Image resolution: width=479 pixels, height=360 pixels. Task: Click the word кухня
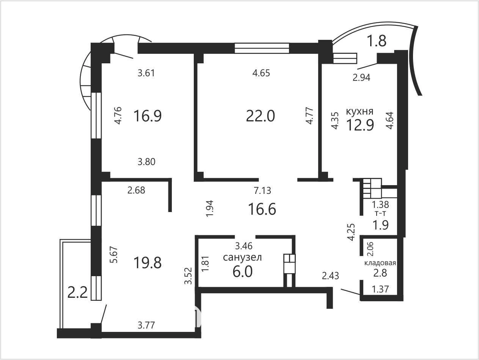[360, 112]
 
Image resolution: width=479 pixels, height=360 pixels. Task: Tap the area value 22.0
[260, 116]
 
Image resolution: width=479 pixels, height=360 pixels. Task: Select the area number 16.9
[148, 116]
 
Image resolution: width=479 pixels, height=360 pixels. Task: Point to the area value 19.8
[148, 263]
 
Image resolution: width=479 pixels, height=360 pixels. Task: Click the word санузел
[242, 258]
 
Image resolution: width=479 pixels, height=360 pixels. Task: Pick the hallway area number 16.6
[262, 209]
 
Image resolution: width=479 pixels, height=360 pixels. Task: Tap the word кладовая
[380, 263]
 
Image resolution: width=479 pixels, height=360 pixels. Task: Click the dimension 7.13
[262, 190]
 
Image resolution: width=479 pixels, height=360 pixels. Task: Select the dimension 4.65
[261, 73]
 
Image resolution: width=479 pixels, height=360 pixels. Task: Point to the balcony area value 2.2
[77, 292]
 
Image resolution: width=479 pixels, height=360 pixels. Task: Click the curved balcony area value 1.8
[377, 41]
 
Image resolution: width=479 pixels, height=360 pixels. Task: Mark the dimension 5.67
[114, 255]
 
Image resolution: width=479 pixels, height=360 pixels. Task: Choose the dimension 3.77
[146, 325]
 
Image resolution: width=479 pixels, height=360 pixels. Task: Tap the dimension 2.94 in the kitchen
[361, 77]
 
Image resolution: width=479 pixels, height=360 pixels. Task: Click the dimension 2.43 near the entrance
[330, 276]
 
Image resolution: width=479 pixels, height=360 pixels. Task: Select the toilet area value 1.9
[380, 225]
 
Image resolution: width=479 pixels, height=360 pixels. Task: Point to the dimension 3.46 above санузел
[244, 246]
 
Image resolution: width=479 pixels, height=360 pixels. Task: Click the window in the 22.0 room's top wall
[262, 48]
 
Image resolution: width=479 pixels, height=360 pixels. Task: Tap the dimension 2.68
[136, 190]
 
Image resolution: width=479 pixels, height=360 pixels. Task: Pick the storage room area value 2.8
[380, 273]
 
